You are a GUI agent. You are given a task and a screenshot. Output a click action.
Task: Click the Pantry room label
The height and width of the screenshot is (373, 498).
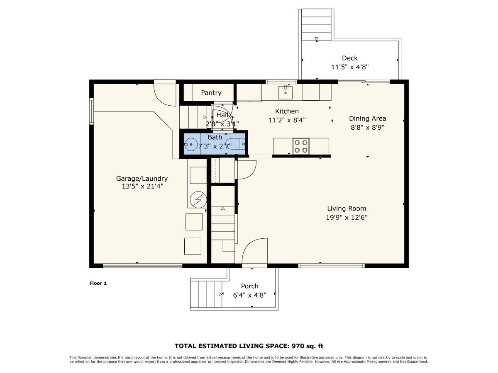(211, 93)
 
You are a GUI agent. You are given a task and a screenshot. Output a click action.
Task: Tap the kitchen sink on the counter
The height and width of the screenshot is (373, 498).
(286, 91)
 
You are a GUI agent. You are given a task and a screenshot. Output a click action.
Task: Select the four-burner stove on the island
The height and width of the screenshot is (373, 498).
(301, 146)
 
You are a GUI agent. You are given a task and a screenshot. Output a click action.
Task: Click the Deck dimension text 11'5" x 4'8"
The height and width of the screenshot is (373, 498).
(350, 67)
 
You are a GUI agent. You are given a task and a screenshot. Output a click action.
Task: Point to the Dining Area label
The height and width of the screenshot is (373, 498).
(367, 119)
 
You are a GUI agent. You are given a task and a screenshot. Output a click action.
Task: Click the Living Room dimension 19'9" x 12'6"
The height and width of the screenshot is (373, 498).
(347, 217)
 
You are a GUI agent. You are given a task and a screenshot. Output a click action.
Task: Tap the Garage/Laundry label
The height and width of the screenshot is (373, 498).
(142, 179)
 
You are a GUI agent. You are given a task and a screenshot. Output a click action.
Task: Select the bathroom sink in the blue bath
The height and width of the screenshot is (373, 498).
(191, 145)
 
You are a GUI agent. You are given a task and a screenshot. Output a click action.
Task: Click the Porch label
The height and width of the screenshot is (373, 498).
(249, 286)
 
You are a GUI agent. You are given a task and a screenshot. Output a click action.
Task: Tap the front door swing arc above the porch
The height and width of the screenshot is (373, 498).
(254, 251)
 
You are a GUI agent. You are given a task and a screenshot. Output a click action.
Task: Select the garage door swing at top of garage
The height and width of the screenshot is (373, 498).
(165, 94)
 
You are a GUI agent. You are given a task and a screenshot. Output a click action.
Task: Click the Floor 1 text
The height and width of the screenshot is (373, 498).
(98, 283)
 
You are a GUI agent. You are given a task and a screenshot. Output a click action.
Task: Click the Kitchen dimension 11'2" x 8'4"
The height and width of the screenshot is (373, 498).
(287, 120)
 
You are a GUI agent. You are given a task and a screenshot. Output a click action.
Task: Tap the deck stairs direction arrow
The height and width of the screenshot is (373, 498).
(316, 39)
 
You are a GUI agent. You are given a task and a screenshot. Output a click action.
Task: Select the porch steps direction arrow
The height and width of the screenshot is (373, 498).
(220, 294)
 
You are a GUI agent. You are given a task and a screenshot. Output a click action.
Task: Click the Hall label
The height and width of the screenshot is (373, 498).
(222, 115)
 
